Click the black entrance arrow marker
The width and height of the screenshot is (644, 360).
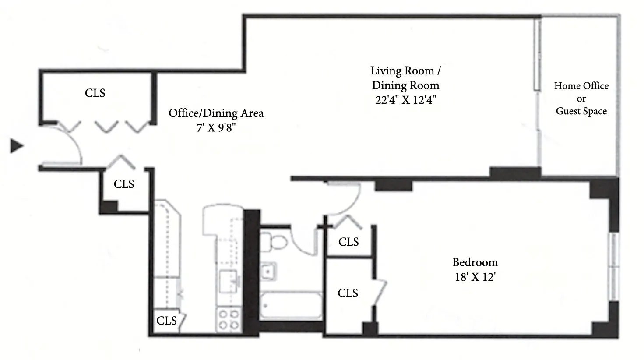(x=17, y=146)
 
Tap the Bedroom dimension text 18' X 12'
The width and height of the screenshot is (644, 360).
(x=475, y=277)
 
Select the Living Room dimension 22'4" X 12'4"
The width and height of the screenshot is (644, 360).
(x=405, y=100)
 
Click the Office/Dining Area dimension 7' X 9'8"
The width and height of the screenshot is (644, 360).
(x=216, y=128)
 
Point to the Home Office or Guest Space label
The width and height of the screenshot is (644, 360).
(x=581, y=99)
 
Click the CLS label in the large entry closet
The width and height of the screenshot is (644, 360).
(x=95, y=93)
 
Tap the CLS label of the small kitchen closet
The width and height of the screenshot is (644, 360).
(x=166, y=321)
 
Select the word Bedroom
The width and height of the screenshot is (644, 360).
(x=475, y=262)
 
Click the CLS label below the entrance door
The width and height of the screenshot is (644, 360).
(x=124, y=184)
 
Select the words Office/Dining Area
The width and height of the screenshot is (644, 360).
(x=216, y=113)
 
